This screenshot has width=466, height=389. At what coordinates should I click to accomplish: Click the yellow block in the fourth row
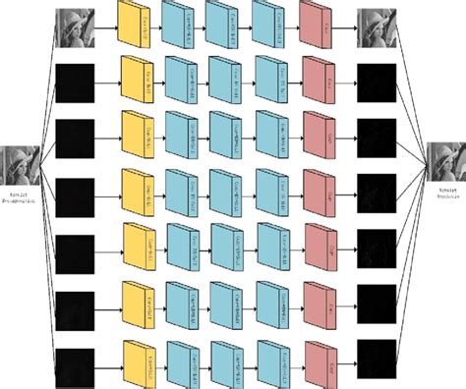click(137, 192)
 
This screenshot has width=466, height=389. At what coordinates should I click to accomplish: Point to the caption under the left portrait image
click(21, 199)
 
